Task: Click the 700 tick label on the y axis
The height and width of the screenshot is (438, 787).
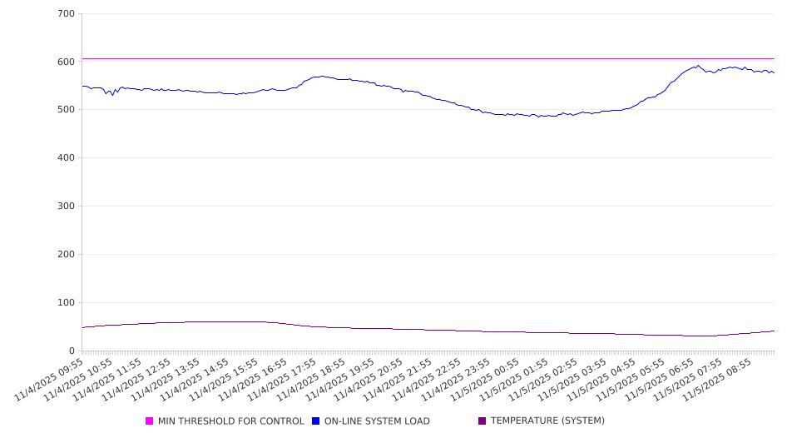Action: [x=67, y=14]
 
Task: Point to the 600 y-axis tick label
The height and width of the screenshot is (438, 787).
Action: [x=67, y=62]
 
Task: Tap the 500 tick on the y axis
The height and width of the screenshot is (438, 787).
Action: [x=67, y=110]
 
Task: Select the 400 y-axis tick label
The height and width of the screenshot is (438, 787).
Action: [x=67, y=158]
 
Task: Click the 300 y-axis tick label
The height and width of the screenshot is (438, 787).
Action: [x=67, y=207]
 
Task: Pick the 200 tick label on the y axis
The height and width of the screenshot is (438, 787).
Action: [x=67, y=255]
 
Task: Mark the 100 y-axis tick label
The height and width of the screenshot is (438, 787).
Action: [x=67, y=303]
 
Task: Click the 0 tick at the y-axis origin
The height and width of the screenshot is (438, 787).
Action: [x=72, y=351]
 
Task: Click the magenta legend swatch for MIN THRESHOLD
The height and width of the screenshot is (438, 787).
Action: [x=150, y=421]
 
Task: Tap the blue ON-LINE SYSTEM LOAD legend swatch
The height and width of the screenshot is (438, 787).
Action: [x=316, y=421]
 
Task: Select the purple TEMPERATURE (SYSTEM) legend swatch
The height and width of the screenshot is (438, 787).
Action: [x=482, y=421]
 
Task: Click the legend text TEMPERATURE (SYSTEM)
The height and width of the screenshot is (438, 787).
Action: [x=547, y=421]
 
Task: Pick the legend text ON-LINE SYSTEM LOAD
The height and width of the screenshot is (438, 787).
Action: [x=377, y=421]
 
